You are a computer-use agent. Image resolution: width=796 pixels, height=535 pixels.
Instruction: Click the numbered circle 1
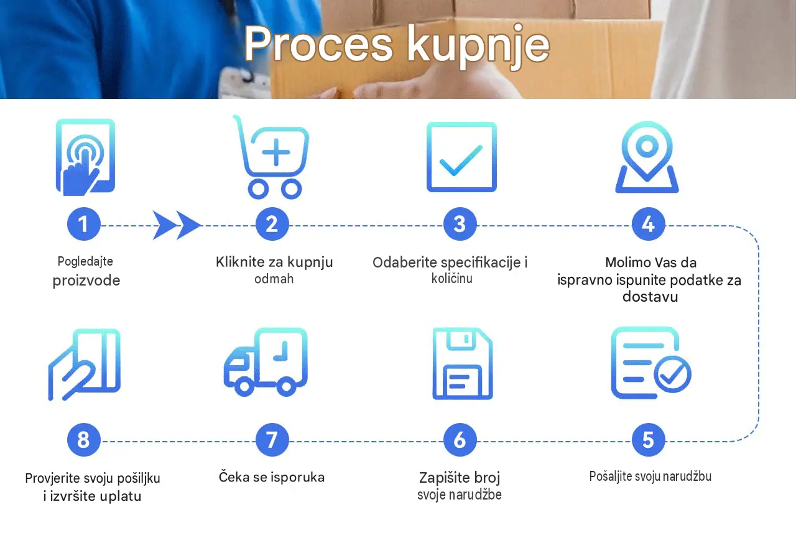click(84, 225)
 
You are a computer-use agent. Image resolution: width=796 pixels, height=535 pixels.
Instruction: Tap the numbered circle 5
click(648, 440)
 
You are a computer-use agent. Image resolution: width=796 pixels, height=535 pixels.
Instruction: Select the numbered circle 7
click(272, 440)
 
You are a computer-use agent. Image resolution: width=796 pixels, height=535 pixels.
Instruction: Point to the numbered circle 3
click(460, 225)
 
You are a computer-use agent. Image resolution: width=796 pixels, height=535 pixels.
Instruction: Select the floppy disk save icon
click(462, 363)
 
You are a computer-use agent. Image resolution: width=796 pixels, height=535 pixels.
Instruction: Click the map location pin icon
click(647, 157)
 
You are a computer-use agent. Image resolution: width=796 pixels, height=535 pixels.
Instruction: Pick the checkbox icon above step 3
click(461, 157)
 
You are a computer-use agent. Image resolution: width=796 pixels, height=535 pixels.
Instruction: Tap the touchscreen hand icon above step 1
click(85, 157)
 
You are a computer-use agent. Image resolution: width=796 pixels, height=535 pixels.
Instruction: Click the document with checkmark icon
click(651, 363)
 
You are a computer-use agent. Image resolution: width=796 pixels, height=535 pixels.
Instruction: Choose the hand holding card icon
click(84, 365)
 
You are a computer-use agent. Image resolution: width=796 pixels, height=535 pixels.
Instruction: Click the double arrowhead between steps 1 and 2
click(177, 225)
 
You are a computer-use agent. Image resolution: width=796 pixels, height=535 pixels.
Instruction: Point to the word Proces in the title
click(318, 44)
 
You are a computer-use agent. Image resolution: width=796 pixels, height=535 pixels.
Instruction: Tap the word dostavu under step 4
click(650, 297)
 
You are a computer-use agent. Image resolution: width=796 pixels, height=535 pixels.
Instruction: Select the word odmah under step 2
click(274, 279)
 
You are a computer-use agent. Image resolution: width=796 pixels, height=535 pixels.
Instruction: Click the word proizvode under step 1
click(86, 281)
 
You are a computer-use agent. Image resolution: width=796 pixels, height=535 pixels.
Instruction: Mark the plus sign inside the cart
click(275, 152)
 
